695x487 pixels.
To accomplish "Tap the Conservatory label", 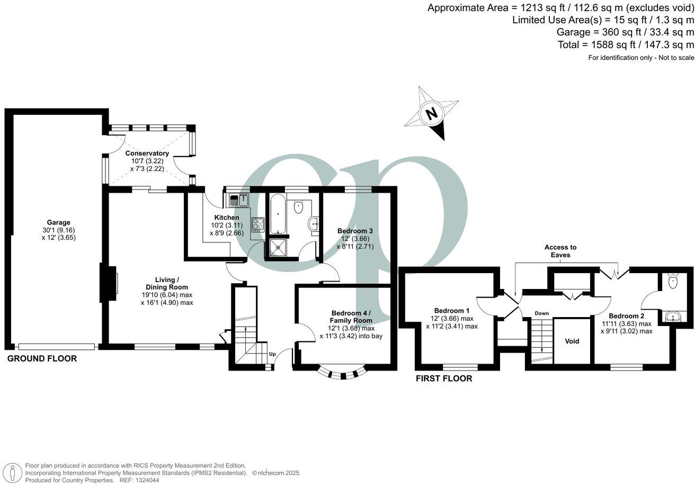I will (x=147, y=154).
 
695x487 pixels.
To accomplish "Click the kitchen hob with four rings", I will (x=257, y=224).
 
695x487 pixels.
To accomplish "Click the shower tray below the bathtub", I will (x=277, y=247).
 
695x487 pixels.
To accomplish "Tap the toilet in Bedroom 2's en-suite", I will (x=673, y=281).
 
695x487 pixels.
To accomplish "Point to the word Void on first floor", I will (x=572, y=341).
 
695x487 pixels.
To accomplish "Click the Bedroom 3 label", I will (x=355, y=231).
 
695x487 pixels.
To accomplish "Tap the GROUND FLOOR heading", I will (x=42, y=359).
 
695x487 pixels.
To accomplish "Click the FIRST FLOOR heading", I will (x=443, y=378).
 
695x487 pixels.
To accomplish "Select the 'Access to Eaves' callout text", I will (x=560, y=251).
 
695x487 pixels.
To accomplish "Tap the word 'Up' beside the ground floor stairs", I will (x=272, y=354).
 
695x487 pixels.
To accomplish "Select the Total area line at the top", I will (x=625, y=45).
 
